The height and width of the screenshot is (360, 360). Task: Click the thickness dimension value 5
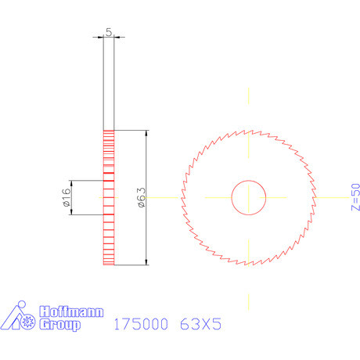click(109, 31)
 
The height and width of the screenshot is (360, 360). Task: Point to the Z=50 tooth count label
click(355, 197)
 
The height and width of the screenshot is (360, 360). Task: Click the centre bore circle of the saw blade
click(249, 197)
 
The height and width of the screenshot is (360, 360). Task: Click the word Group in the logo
click(59, 324)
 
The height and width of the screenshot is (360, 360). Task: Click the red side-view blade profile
click(109, 197)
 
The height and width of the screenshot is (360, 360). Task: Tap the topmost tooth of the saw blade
click(249, 131)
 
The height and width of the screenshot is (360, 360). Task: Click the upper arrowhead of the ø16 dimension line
click(72, 183)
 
